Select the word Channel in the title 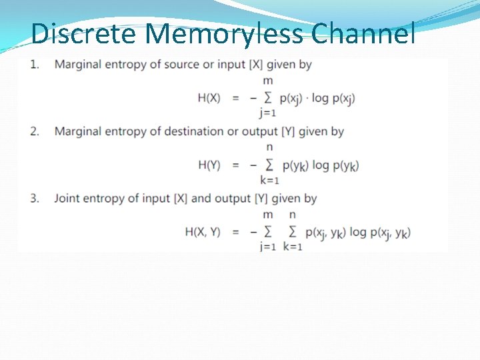point(363,33)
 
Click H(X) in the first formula point(209,98)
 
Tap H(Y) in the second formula point(209,165)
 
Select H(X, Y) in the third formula point(203,232)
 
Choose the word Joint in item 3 point(67,198)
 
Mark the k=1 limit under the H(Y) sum point(269,179)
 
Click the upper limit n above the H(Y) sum point(269,147)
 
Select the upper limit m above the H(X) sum point(268,81)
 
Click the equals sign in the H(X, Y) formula point(235,232)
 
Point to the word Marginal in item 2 point(77,131)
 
